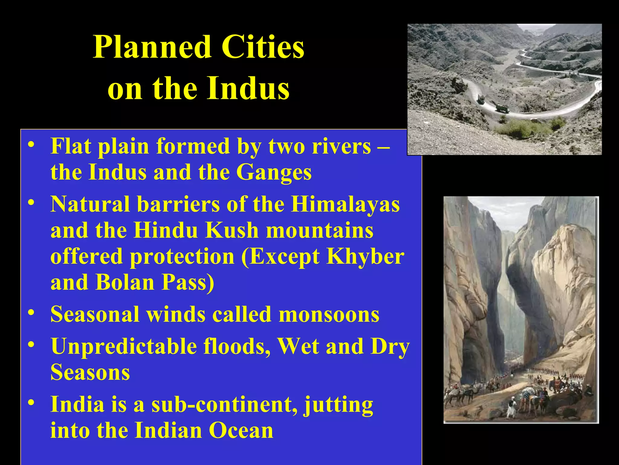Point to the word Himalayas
point(345,205)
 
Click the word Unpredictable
point(124,347)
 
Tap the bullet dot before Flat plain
point(31,144)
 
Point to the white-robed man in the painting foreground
point(510,409)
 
